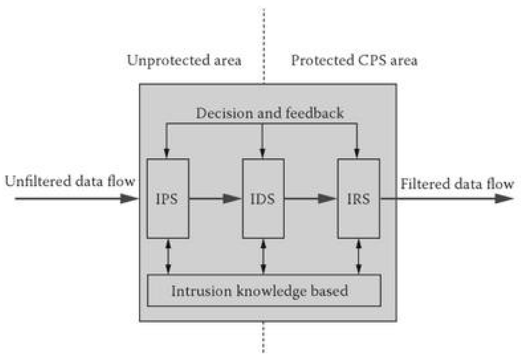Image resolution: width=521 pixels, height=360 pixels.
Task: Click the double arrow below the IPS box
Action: click(x=168, y=257)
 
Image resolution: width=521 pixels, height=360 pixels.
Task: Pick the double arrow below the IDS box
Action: click(x=264, y=257)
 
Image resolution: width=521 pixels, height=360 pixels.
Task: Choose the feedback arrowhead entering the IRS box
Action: click(x=357, y=152)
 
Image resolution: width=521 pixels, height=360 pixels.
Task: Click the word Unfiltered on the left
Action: click(x=37, y=181)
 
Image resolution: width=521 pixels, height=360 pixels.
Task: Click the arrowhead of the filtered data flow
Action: click(x=504, y=198)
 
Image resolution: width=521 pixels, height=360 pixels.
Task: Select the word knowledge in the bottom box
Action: click(x=271, y=291)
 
